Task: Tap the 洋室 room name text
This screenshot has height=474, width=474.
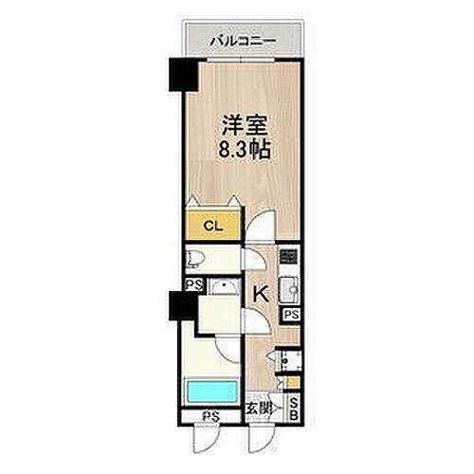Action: coord(243,123)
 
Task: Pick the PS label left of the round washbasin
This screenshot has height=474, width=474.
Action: coord(192,285)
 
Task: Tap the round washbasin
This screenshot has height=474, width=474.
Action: coord(224,288)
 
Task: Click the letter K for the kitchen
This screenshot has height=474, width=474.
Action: coord(261,295)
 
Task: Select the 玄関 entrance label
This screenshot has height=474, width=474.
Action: coord(261,409)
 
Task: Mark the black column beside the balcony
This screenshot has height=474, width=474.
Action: coord(179,77)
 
